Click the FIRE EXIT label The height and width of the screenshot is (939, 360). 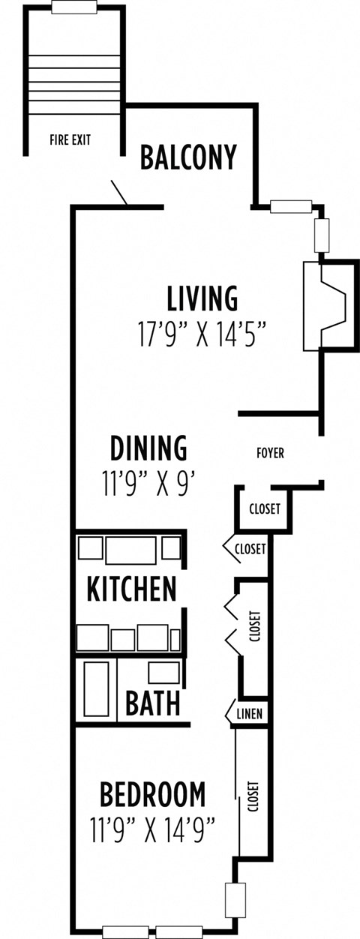click(70, 139)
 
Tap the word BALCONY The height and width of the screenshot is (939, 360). click(189, 157)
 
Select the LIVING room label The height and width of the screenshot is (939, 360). click(202, 298)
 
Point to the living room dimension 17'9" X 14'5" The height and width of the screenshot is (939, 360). click(202, 332)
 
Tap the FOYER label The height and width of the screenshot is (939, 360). click(270, 454)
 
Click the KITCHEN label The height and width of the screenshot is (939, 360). click(132, 588)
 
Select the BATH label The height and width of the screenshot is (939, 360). click(152, 703)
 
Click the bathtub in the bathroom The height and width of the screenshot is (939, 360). click(96, 688)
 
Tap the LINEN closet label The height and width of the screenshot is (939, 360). click(250, 714)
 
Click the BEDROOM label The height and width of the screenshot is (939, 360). click(153, 793)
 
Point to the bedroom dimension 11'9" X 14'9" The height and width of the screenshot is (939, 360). click(153, 829)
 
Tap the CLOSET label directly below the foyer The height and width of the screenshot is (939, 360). click(264, 509)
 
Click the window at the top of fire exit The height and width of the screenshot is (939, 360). click(73, 7)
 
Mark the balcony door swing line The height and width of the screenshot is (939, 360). click(120, 193)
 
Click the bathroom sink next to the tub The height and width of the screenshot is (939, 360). click(164, 672)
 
